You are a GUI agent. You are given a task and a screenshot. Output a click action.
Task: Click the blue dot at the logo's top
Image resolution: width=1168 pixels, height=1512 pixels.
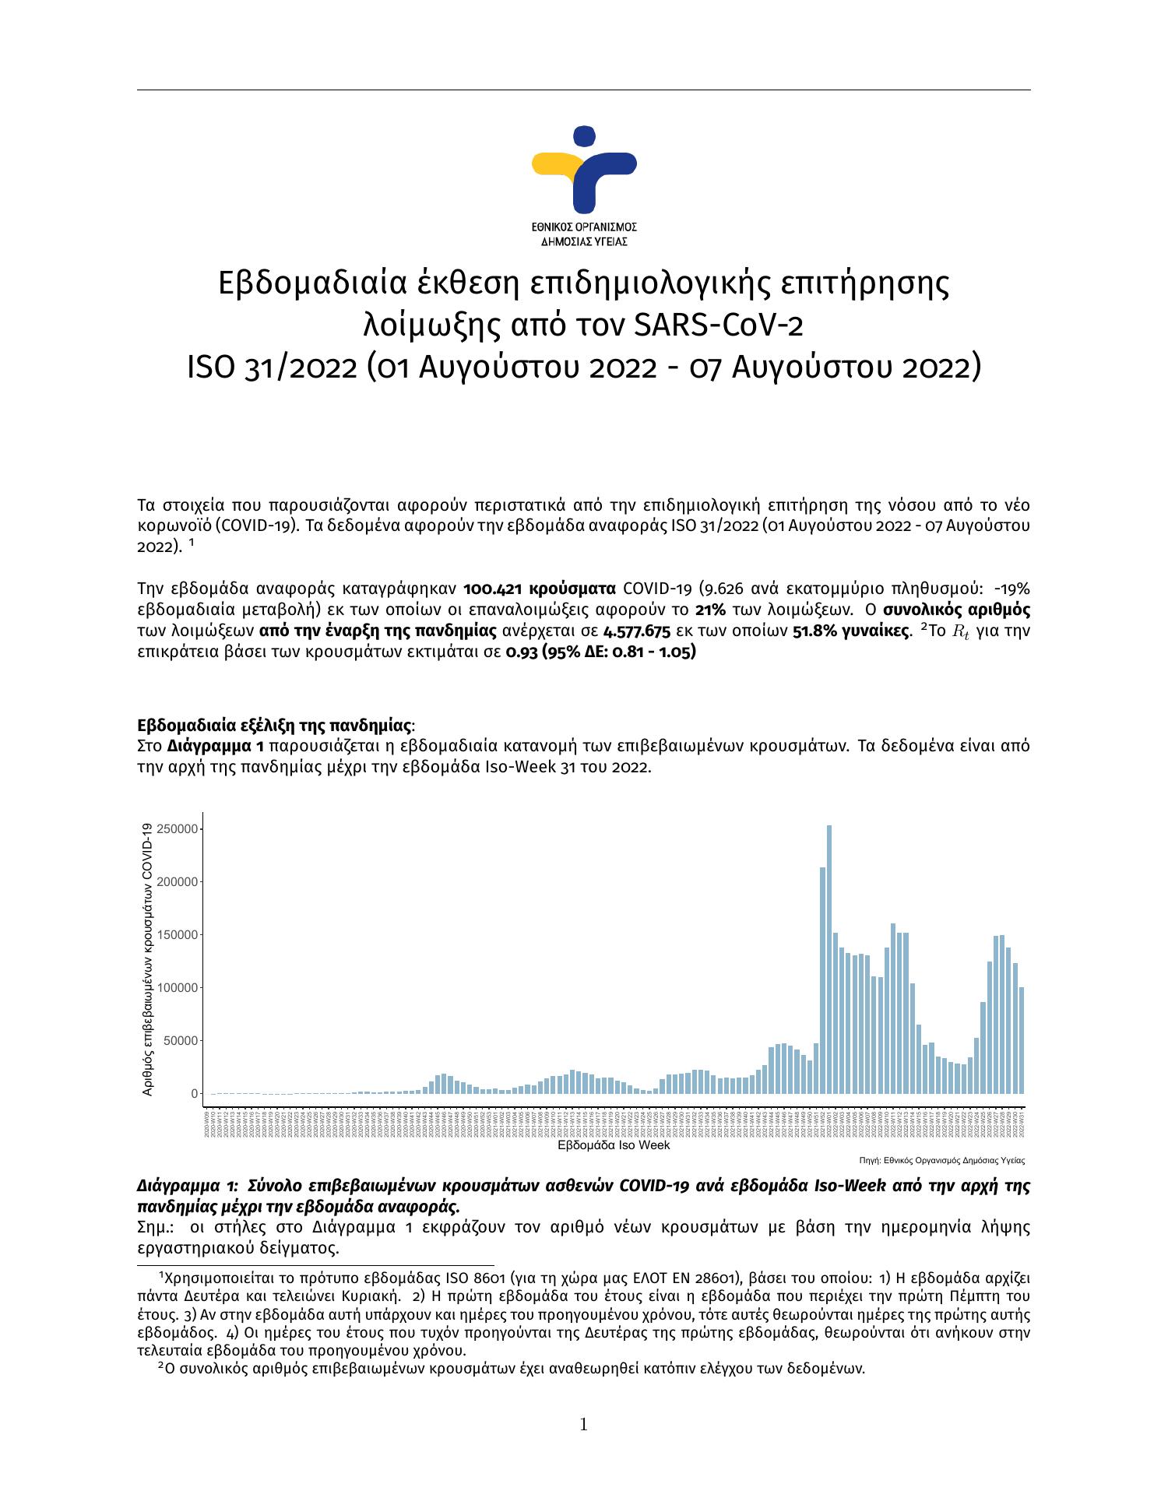pos(584,136)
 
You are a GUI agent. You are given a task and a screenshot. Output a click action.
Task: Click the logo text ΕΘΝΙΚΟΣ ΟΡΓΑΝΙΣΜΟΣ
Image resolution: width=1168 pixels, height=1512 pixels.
pos(584,227)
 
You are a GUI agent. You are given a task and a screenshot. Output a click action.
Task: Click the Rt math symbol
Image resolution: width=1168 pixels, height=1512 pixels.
pos(960,631)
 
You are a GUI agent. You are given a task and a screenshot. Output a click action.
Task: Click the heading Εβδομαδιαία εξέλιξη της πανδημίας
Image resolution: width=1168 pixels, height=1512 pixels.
pos(275,726)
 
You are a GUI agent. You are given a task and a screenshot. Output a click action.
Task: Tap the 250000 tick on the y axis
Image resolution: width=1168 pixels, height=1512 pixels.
pos(177,829)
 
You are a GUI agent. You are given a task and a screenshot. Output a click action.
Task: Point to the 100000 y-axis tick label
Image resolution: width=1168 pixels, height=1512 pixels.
pos(177,988)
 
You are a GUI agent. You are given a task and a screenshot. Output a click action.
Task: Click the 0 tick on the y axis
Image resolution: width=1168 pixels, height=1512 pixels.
pos(195,1094)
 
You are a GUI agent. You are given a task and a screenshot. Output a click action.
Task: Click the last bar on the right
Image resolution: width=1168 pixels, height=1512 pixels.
pos(1022,1040)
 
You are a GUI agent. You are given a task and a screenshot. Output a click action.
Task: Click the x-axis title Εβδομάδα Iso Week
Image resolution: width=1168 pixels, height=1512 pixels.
pos(614,1145)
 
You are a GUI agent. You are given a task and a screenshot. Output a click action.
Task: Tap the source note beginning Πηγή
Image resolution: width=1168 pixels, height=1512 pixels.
pos(941,1160)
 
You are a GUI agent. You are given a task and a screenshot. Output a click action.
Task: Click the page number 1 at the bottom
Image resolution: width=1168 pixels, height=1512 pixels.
pos(584,1425)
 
